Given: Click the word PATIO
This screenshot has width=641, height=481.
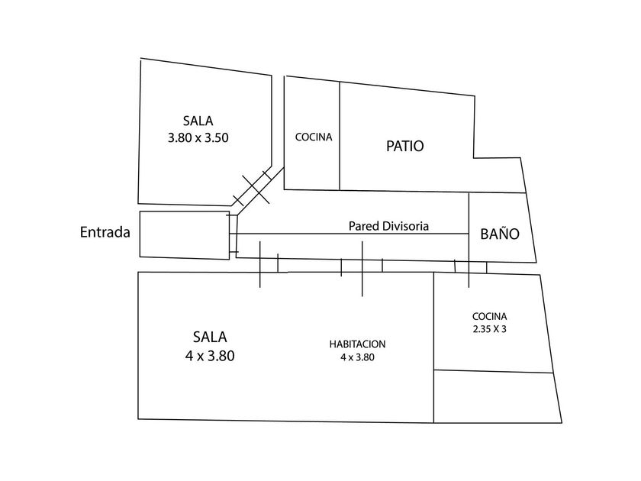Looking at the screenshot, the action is [404, 146].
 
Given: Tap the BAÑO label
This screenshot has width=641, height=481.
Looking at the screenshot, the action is [499, 234].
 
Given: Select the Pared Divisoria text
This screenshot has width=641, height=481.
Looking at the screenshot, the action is [388, 226].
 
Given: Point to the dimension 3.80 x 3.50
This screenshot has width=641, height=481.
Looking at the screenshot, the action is [198, 138].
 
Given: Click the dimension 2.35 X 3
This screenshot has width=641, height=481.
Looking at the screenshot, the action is [489, 330].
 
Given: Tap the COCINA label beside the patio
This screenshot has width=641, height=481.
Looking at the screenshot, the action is [313, 137].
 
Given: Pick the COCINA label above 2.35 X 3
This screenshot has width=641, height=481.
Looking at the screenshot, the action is [489, 316].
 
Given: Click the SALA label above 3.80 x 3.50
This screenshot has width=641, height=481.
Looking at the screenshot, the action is [198, 121].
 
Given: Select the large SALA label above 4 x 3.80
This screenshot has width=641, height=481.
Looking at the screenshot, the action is [209, 336].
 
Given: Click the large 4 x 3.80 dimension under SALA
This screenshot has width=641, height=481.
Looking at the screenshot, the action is [209, 355].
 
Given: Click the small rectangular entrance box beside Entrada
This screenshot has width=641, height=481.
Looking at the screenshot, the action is [183, 234].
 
